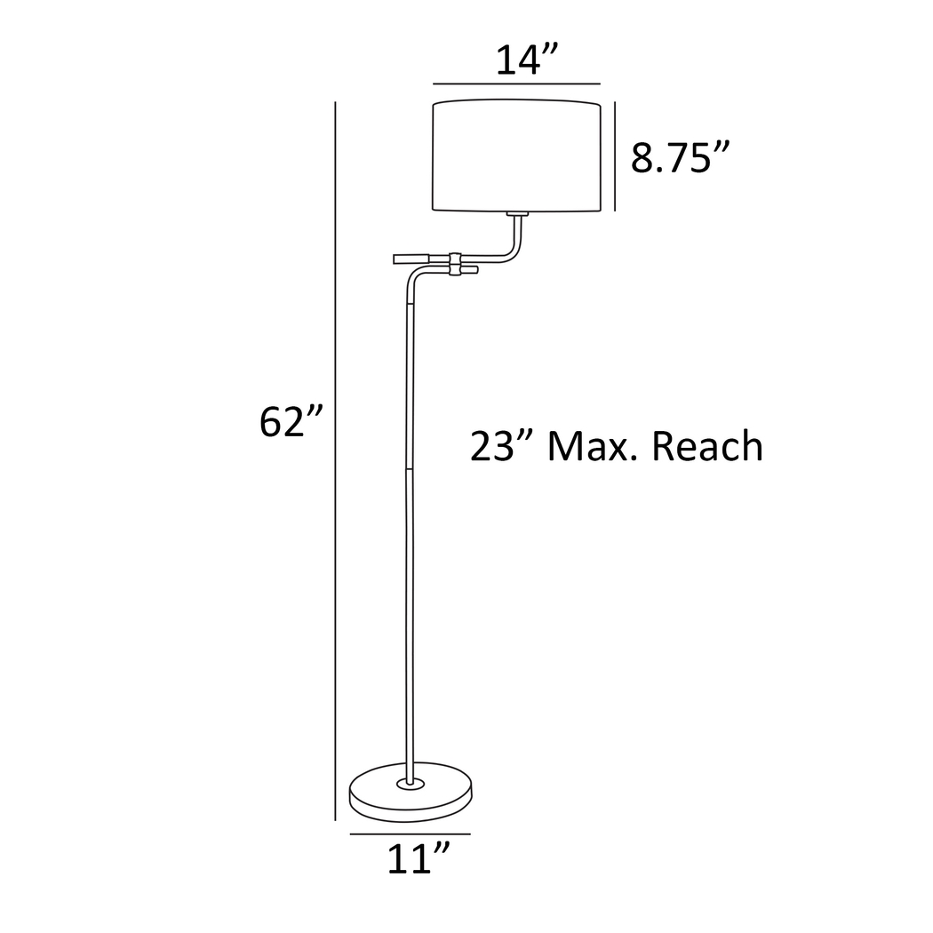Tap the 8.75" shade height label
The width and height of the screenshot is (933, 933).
(x=680, y=159)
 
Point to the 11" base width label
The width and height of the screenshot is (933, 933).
(x=418, y=859)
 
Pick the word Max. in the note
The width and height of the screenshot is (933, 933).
(x=589, y=447)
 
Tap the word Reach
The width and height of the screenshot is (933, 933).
(x=707, y=447)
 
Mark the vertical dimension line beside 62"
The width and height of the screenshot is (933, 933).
(x=335, y=444)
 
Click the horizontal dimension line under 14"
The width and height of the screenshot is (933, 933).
(x=516, y=84)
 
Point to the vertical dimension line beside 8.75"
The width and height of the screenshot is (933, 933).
(x=615, y=156)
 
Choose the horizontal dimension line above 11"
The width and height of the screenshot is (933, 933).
(x=410, y=834)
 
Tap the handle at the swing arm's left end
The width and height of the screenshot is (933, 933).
(x=411, y=259)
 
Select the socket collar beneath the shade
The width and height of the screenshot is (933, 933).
(x=516, y=215)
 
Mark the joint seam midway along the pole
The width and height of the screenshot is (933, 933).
(x=410, y=468)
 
